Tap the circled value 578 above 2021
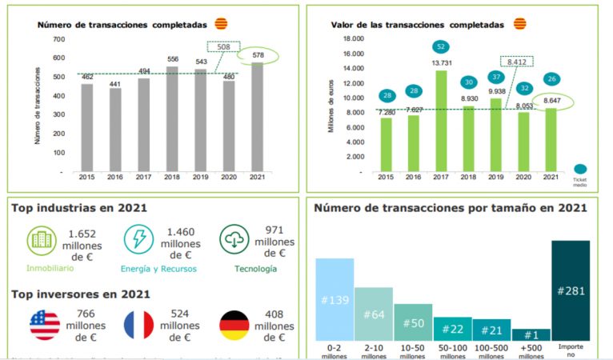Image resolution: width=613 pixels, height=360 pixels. tap(256, 55)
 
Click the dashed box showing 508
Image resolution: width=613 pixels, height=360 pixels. tap(223, 47)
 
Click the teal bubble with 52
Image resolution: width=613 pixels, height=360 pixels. tap(440, 47)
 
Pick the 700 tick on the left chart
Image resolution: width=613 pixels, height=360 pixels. tap(58, 39)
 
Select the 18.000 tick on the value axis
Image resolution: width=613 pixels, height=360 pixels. tap(353, 38)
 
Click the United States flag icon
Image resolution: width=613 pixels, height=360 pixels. tap(45, 325)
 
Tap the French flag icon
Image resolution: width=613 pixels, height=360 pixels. tap(139, 325)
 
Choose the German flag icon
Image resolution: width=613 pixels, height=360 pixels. tap(234, 325)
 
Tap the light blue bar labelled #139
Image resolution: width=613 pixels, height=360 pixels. tap(335, 299)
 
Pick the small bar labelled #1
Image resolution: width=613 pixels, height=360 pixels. tap(531, 334)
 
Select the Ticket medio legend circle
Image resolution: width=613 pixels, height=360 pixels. tap(579, 170)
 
